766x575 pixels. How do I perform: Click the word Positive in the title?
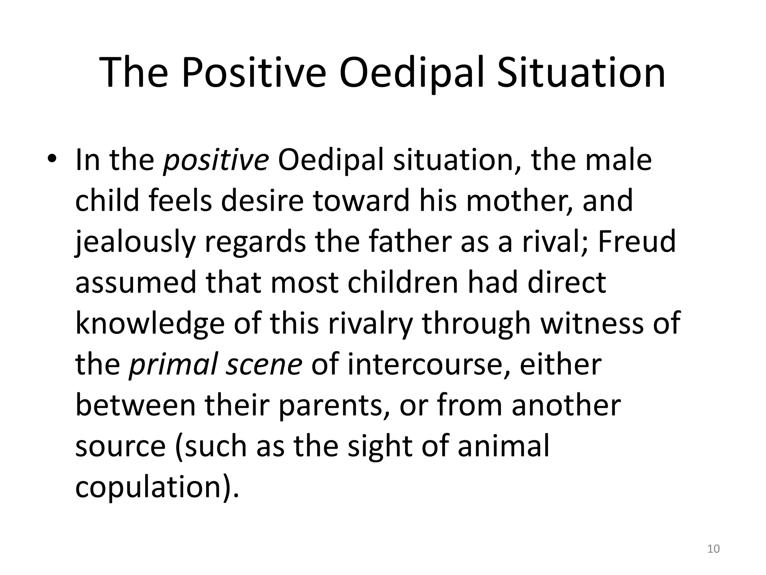coord(254,73)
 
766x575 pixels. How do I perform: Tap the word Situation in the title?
coord(581,73)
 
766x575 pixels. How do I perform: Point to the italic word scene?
coord(264,365)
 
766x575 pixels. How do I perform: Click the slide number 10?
coord(714,549)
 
